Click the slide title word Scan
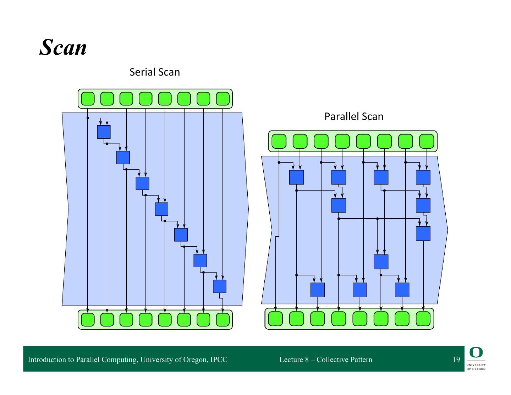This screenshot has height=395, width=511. point(63,47)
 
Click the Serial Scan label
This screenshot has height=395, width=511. point(154,72)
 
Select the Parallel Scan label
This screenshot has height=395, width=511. point(353,116)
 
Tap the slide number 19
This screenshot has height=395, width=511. point(456,360)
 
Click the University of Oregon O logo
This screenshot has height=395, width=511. point(476,352)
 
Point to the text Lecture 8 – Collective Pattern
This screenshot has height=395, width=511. point(326,360)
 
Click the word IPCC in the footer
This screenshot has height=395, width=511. point(219,360)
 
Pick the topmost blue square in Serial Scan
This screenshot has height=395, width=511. point(104,132)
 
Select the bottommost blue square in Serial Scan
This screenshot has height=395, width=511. point(219,286)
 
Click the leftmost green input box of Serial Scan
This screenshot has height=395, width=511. point(88,99)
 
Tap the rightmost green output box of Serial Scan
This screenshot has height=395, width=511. point(222,320)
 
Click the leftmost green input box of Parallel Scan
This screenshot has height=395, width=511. point(279,141)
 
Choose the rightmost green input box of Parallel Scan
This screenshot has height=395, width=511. point(427,141)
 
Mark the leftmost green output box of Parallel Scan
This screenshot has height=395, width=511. point(275,319)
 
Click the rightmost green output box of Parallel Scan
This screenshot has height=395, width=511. point(423,319)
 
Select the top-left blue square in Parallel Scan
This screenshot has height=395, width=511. point(296,177)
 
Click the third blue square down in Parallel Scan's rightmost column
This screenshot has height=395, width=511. point(423,234)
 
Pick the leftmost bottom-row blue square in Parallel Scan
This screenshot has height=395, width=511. point(318,290)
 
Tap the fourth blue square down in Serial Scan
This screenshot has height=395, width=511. point(161,209)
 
